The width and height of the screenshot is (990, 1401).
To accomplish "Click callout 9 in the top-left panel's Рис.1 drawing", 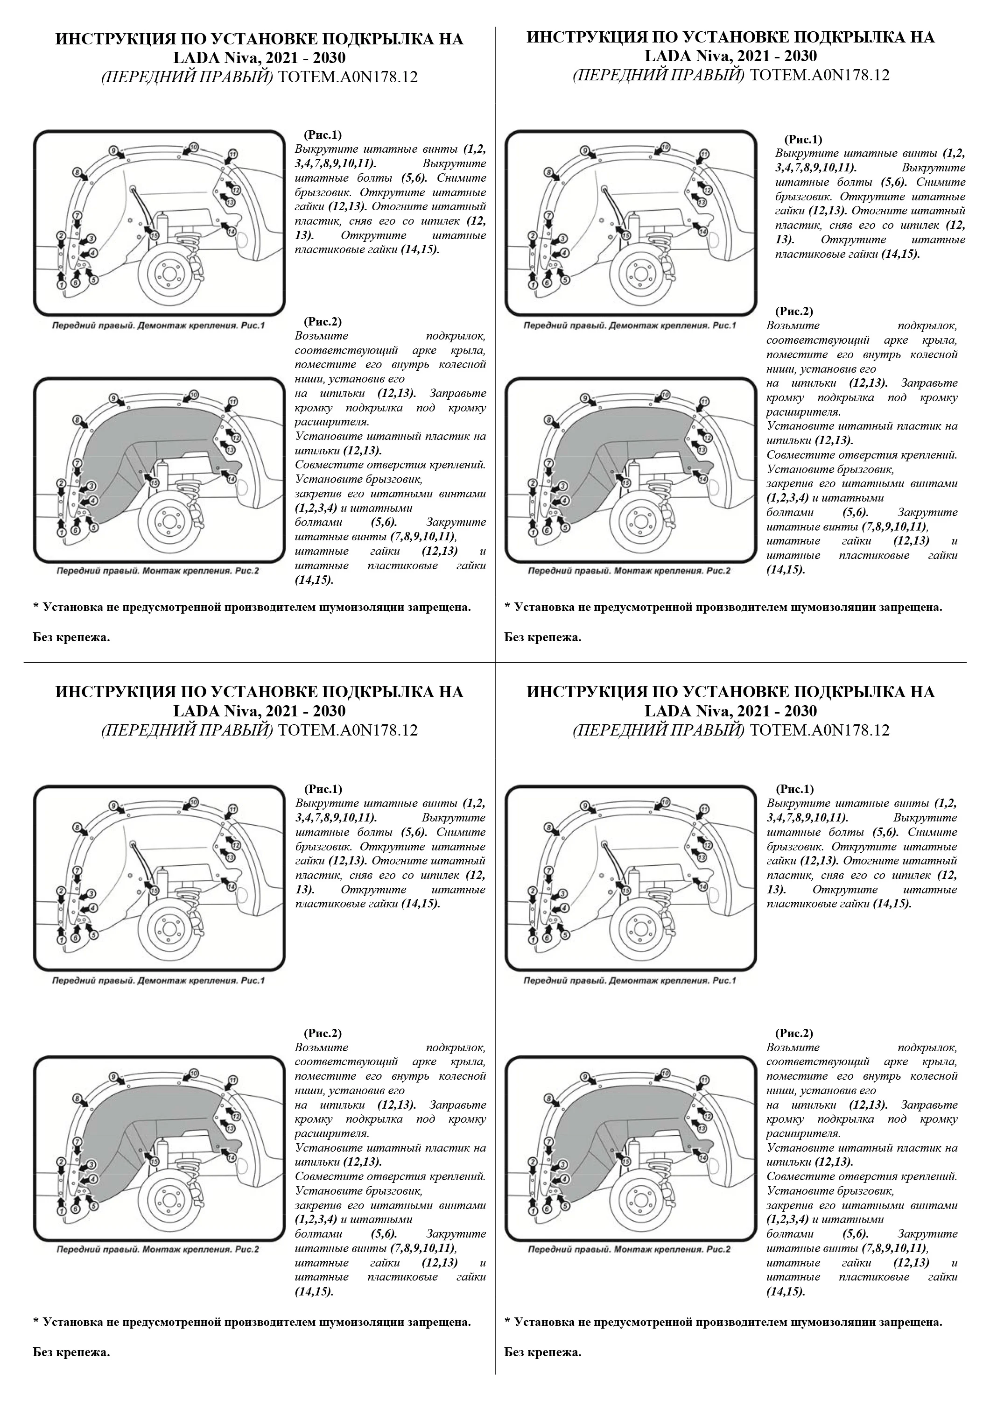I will (113, 150).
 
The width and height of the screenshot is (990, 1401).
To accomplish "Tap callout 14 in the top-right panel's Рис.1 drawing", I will (702, 231).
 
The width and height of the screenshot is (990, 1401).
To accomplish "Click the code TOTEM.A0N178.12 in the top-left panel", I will (348, 78).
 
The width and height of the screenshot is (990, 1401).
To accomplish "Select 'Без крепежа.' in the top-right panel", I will (543, 637).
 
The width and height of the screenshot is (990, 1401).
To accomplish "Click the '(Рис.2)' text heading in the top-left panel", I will (323, 322).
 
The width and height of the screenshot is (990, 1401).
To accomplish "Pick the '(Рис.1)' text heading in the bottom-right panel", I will (794, 789).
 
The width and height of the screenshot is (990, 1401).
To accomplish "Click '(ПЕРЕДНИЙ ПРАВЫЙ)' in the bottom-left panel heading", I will (187, 730).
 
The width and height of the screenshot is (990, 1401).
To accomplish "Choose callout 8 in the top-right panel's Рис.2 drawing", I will (548, 420).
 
